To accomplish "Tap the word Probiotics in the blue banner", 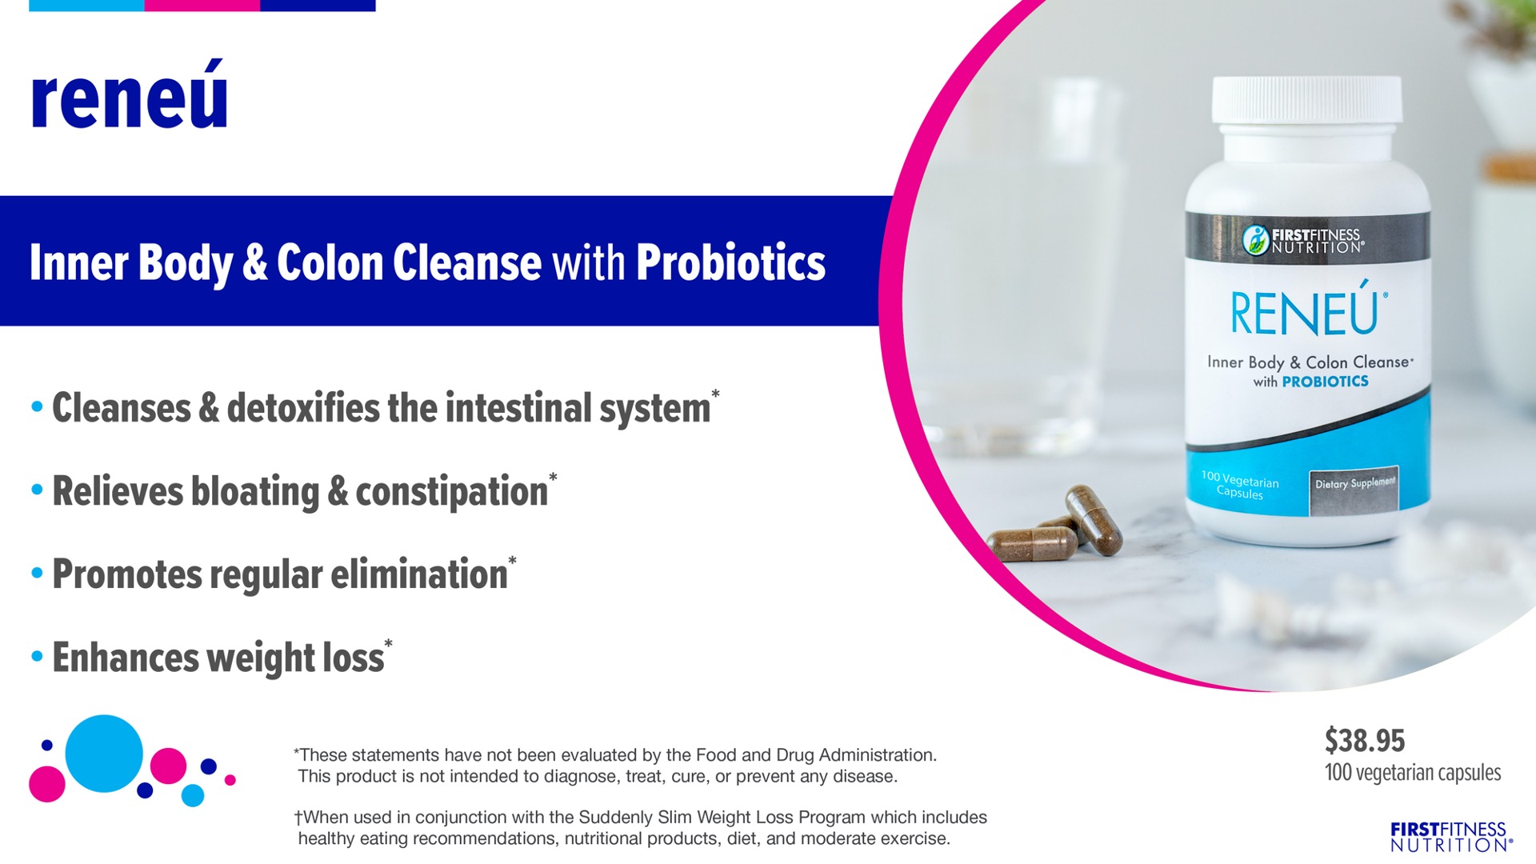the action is coord(730,262).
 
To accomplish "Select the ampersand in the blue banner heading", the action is coord(254,262).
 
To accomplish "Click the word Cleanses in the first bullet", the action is coord(122,408).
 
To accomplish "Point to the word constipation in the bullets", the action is coord(451,491).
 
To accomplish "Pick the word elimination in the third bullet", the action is coord(419,574).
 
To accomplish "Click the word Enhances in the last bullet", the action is coord(126,658).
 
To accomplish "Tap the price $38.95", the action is coord(1365,740).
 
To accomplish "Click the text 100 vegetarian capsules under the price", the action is coord(1413,773).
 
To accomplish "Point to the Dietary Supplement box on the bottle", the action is coord(1354,490).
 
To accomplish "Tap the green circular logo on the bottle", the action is coord(1255,239).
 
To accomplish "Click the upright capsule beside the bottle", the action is coord(1093,520).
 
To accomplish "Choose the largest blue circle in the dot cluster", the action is coord(104,754).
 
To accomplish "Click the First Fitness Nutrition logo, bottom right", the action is coord(1450,837).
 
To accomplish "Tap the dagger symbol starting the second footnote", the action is coord(298,818).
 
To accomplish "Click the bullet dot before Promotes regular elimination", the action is coord(37,573).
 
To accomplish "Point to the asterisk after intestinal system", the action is coord(715,394).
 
